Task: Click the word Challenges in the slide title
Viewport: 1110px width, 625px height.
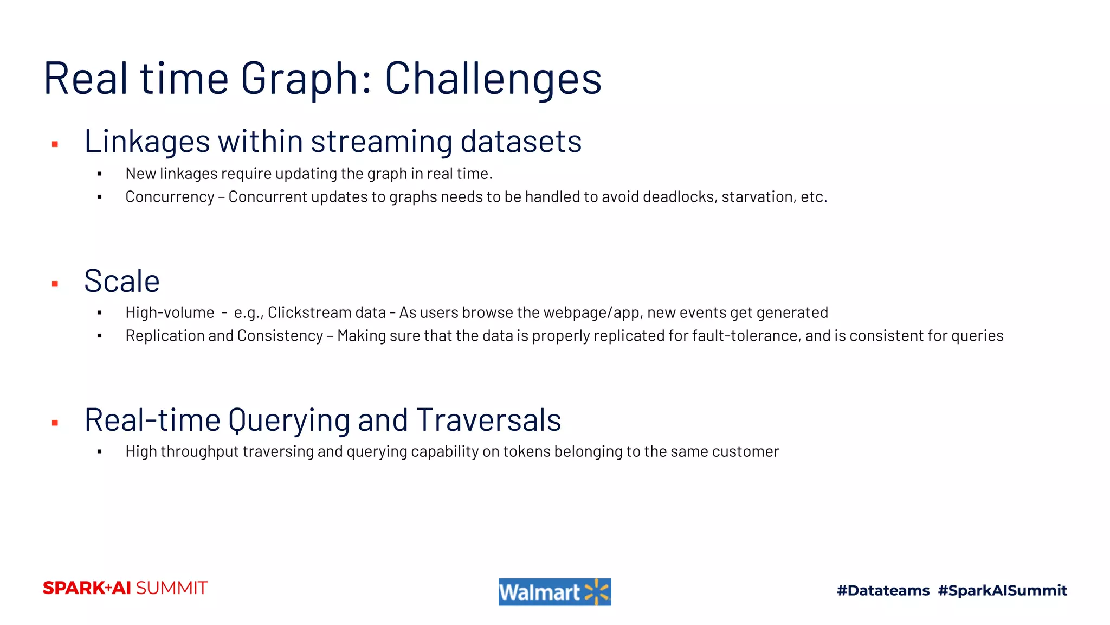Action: (493, 79)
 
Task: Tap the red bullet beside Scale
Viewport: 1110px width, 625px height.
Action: (55, 284)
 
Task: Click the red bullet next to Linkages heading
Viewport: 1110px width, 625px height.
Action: (55, 144)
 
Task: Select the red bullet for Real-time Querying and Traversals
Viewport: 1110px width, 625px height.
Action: (55, 423)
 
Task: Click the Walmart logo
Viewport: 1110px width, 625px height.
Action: (554, 592)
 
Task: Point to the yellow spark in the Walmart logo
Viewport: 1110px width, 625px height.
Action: (597, 592)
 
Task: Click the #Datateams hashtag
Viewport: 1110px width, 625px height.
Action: (883, 590)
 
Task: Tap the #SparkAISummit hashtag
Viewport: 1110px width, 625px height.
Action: (1002, 590)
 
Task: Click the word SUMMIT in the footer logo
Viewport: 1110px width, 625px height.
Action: (171, 588)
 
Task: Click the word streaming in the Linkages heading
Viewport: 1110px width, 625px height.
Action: (381, 142)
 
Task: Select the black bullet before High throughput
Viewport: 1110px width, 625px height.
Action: (100, 451)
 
